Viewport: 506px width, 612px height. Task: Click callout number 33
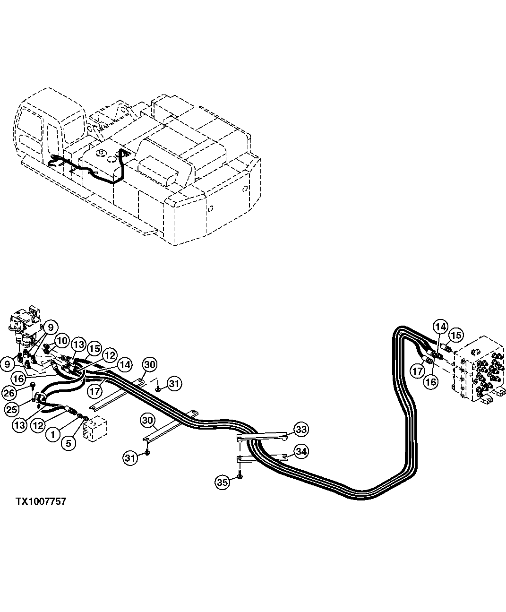point(301,429)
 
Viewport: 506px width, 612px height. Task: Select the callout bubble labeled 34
point(301,452)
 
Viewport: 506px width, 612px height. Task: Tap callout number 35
point(222,482)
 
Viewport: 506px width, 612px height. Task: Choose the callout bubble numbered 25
point(12,409)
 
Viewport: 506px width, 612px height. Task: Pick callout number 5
point(69,443)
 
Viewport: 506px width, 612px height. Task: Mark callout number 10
point(61,341)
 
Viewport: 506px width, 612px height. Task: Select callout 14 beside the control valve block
point(440,327)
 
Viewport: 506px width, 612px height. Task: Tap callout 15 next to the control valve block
point(455,335)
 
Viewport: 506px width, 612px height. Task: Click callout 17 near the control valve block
point(417,371)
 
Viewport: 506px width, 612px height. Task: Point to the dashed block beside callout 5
point(96,428)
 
